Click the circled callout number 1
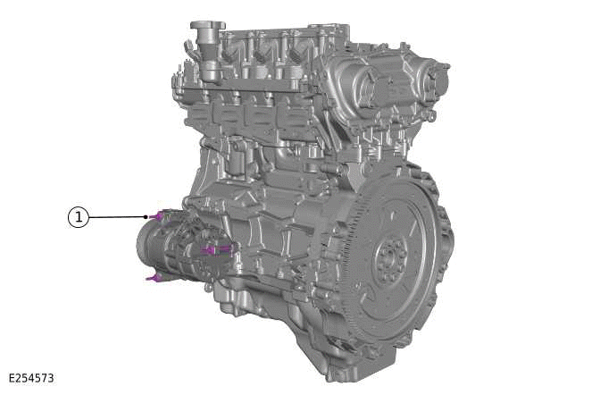79,216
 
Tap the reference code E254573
31,378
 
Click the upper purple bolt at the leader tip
157,215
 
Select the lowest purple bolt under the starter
154,278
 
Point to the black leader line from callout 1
116,216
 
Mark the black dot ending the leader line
146,216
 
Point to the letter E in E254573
12,378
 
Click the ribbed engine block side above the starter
268,214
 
